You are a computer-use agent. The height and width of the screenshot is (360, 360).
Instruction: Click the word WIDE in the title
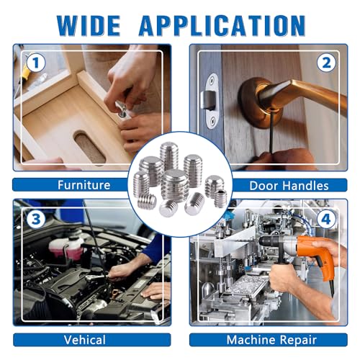pos(89,25)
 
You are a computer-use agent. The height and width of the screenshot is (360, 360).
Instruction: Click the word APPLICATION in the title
pos(222,25)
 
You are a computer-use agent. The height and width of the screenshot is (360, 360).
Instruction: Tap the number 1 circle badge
pos(36,63)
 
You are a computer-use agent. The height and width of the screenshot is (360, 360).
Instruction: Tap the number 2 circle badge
pos(326,63)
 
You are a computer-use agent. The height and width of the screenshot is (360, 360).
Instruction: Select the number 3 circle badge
pos(36,219)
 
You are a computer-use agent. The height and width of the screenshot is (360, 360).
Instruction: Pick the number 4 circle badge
pos(326,219)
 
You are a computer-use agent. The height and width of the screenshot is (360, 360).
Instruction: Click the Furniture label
pos(84,185)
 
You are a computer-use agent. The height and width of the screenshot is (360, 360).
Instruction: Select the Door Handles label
pos(289,186)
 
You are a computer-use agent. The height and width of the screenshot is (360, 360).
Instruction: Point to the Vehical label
pos(85,340)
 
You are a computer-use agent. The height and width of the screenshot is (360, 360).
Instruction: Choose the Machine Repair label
pos(271,340)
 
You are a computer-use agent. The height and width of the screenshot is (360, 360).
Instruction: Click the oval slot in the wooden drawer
pos(89,145)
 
